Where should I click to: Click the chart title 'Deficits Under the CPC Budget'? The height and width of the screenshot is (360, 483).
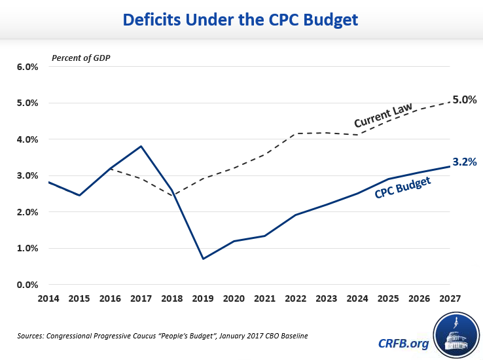coord(241,20)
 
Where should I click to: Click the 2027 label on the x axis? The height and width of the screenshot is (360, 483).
coord(450,299)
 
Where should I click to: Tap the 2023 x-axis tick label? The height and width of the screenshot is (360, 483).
coord(326,299)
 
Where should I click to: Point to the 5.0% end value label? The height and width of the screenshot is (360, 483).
coord(465,100)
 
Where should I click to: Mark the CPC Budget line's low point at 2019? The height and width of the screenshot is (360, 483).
coord(202,259)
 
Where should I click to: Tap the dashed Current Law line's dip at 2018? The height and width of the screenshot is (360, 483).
coord(171,195)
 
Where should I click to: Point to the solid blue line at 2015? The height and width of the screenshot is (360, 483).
coord(79,195)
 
